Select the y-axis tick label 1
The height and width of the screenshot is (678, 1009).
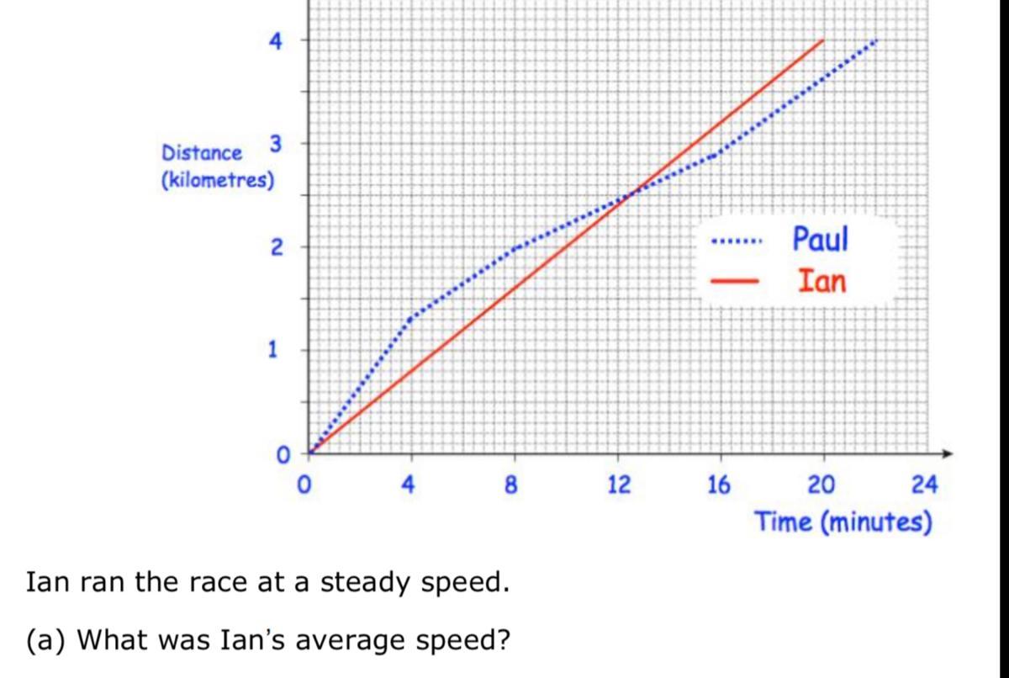(274, 350)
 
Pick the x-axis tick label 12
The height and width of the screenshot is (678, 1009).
(619, 485)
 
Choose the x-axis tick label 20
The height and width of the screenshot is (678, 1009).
(821, 485)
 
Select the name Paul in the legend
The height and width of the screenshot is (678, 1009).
(821, 239)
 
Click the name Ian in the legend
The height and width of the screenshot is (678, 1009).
(821, 280)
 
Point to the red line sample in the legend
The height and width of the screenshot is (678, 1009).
(736, 282)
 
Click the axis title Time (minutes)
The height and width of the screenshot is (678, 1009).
(843, 522)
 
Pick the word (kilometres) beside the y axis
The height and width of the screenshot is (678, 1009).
(218, 180)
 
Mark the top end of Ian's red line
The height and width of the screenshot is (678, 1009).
(822, 40)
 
